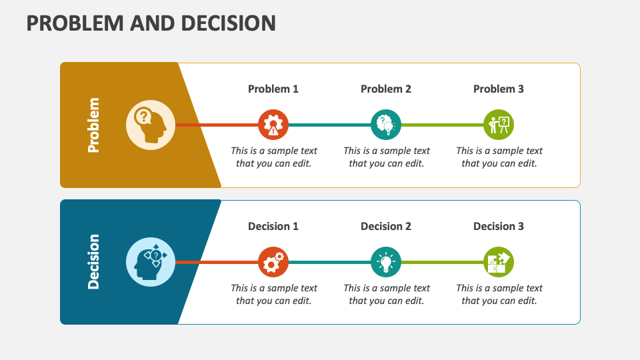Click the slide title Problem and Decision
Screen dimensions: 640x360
(x=151, y=23)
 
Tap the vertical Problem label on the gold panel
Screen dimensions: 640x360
(x=93, y=125)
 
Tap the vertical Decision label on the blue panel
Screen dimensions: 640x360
(x=93, y=261)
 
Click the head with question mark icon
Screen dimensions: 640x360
(x=151, y=125)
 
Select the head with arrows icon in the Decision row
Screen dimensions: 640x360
(x=151, y=261)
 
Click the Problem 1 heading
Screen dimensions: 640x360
(x=273, y=89)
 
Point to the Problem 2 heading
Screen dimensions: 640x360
(x=386, y=89)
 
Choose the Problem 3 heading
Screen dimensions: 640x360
(x=499, y=89)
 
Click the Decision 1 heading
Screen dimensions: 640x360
(x=273, y=226)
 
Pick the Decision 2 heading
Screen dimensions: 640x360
(x=386, y=226)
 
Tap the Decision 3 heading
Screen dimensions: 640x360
(x=499, y=226)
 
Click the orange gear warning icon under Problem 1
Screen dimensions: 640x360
(x=273, y=125)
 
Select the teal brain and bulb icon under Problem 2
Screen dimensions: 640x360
(x=386, y=125)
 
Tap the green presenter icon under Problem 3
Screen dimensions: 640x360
(x=499, y=125)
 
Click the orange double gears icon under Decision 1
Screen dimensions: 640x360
(x=273, y=262)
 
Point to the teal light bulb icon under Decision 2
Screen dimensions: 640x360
(x=386, y=262)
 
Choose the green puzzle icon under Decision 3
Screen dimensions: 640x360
(x=499, y=262)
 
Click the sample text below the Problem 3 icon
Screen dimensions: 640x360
(x=499, y=157)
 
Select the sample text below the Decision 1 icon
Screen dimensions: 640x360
(x=273, y=294)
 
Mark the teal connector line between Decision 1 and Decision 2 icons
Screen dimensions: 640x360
(x=329, y=262)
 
